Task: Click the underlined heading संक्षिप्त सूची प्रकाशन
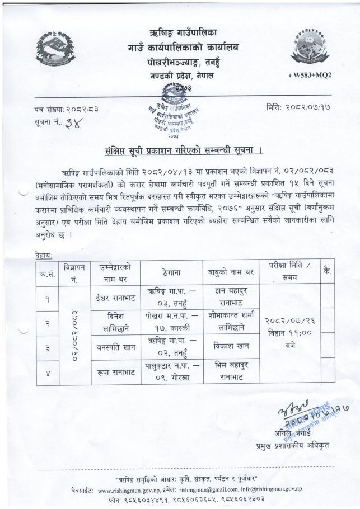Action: point(184,150)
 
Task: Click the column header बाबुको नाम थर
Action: point(230,271)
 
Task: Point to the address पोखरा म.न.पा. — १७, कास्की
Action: point(171,320)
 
